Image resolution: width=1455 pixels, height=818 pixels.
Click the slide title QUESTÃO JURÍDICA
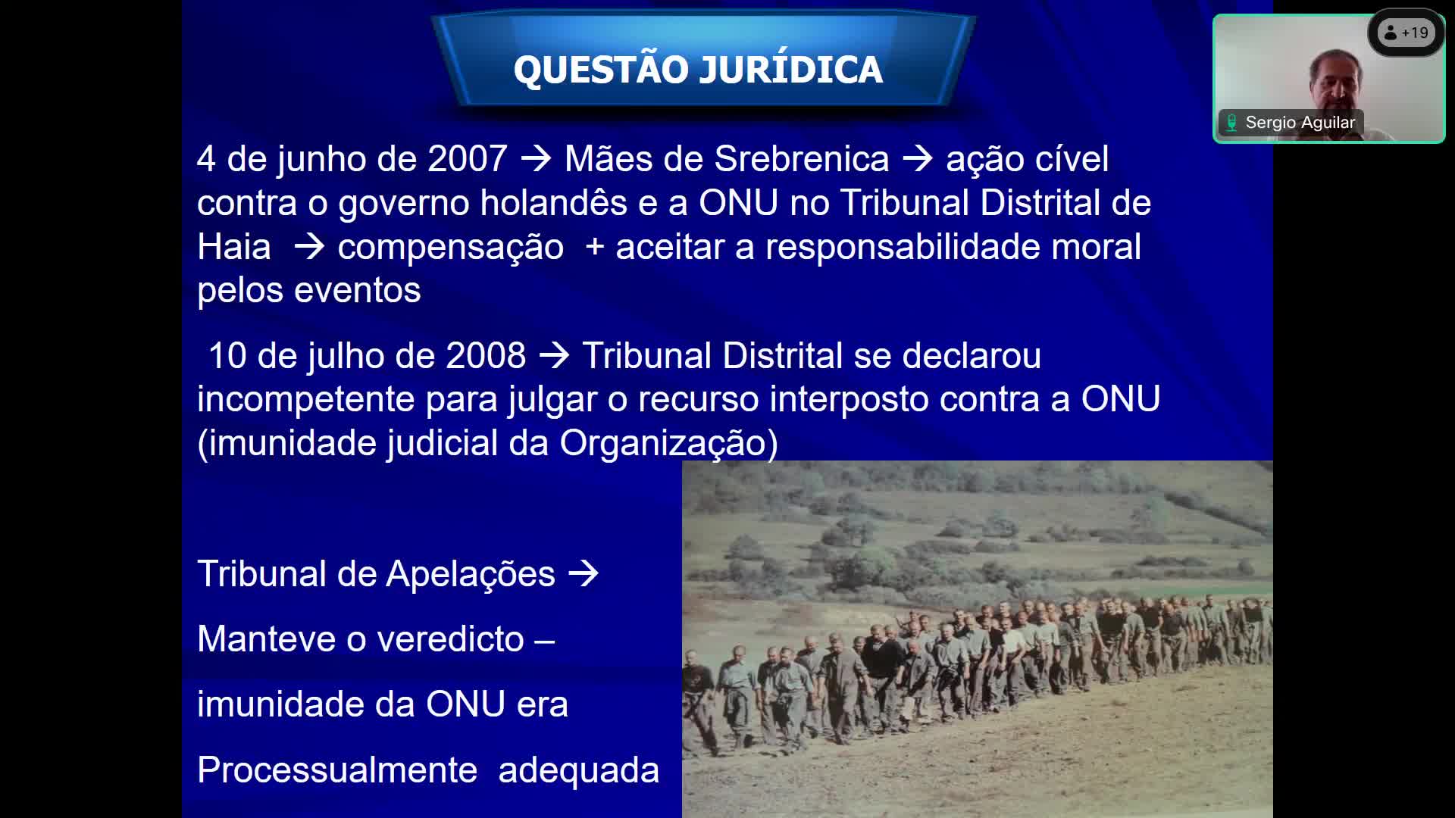point(698,68)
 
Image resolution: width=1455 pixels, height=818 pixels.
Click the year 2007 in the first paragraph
point(467,159)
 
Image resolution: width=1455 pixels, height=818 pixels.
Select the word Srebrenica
point(801,159)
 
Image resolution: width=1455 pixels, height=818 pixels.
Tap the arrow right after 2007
point(536,159)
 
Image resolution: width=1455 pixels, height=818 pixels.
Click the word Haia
point(233,246)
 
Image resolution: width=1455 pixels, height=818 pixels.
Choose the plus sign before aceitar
point(594,248)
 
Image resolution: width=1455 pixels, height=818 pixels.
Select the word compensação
point(450,248)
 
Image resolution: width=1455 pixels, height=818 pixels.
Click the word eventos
point(357,290)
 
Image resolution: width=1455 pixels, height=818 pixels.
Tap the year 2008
point(486,355)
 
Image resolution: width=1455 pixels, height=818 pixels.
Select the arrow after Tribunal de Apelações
point(584,574)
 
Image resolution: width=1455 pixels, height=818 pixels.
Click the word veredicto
point(450,638)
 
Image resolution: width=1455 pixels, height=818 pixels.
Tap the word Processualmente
point(337,770)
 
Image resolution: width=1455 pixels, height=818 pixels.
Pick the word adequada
point(578,770)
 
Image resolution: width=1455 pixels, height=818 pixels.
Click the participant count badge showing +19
point(1406,33)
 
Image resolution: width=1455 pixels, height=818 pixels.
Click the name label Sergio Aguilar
point(1300,123)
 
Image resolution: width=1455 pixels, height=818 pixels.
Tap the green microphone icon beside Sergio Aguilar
point(1231,123)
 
